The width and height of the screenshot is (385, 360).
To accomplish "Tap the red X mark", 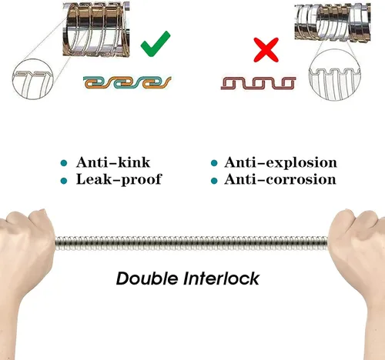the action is pyautogui.click(x=266, y=50).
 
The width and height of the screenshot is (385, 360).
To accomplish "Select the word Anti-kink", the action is pyautogui.click(x=113, y=162).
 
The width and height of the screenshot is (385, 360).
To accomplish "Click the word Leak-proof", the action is pyautogui.click(x=119, y=179).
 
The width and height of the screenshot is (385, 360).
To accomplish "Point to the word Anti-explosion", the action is pyautogui.click(x=280, y=162).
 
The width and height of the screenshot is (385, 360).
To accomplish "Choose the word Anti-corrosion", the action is pyautogui.click(x=280, y=179).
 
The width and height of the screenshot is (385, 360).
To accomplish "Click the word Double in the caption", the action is pyautogui.click(x=147, y=278).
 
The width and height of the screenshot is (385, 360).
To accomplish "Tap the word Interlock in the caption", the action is pyautogui.click(x=221, y=278).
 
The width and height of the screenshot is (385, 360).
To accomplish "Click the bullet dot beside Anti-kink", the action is pyautogui.click(x=64, y=163).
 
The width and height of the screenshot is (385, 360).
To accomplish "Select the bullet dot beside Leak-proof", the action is pyautogui.click(x=64, y=181).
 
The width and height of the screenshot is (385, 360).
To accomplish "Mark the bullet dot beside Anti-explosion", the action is pyautogui.click(x=214, y=163).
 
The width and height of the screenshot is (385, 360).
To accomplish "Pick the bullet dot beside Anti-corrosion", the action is pyautogui.click(x=214, y=181).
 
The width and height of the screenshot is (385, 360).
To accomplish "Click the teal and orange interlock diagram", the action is pyautogui.click(x=127, y=82).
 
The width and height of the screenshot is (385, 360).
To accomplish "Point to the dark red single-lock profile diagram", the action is pyautogui.click(x=258, y=83).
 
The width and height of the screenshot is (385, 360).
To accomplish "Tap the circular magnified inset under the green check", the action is pyautogui.click(x=33, y=79).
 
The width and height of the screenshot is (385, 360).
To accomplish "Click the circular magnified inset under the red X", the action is pyautogui.click(x=334, y=75).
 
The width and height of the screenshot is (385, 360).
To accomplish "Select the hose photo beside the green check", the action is pyautogui.click(x=96, y=28).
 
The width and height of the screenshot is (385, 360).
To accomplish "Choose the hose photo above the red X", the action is pyautogui.click(x=333, y=22).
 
